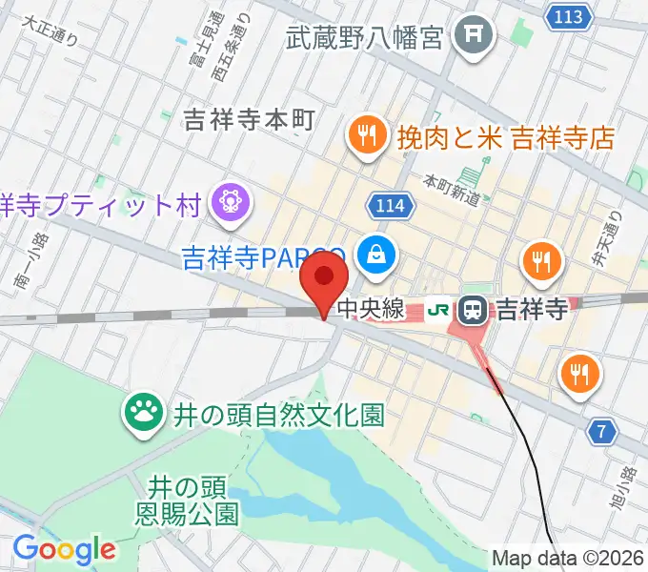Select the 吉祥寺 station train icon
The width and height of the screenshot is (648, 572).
coord(472,309)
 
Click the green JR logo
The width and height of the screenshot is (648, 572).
coord(439,310)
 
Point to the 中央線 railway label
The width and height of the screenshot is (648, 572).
coord(373,310)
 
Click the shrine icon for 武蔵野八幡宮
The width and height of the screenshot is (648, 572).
coord(472,36)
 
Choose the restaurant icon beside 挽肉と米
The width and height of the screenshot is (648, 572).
coord(366,135)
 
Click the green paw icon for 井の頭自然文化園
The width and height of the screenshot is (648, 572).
coord(146,413)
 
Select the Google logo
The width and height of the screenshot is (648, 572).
coord(64,550)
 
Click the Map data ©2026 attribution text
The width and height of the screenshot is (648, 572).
coord(567,558)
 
